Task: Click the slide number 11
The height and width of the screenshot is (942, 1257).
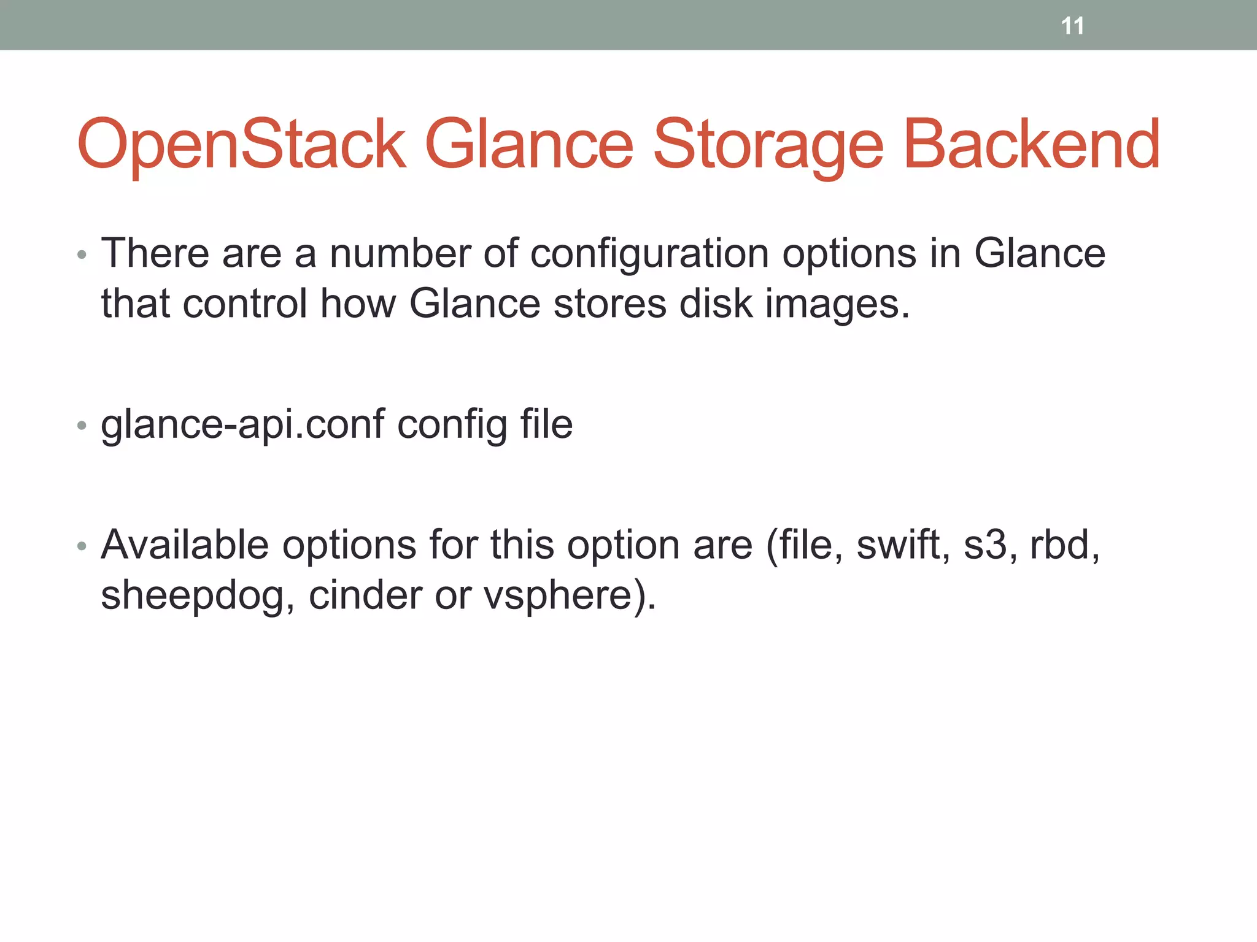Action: coord(1072,26)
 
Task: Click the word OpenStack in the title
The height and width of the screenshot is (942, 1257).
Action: coord(241,145)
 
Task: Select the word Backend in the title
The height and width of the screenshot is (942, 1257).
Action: coord(1032,145)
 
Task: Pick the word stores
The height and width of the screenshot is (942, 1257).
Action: coord(609,304)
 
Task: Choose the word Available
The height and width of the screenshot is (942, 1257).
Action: coord(185,545)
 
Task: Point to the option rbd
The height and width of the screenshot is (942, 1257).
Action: coord(1063,545)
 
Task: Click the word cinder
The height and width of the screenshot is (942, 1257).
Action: coord(365,595)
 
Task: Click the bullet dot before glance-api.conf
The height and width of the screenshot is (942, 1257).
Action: coord(82,425)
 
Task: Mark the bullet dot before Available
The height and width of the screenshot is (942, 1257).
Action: coord(82,545)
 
